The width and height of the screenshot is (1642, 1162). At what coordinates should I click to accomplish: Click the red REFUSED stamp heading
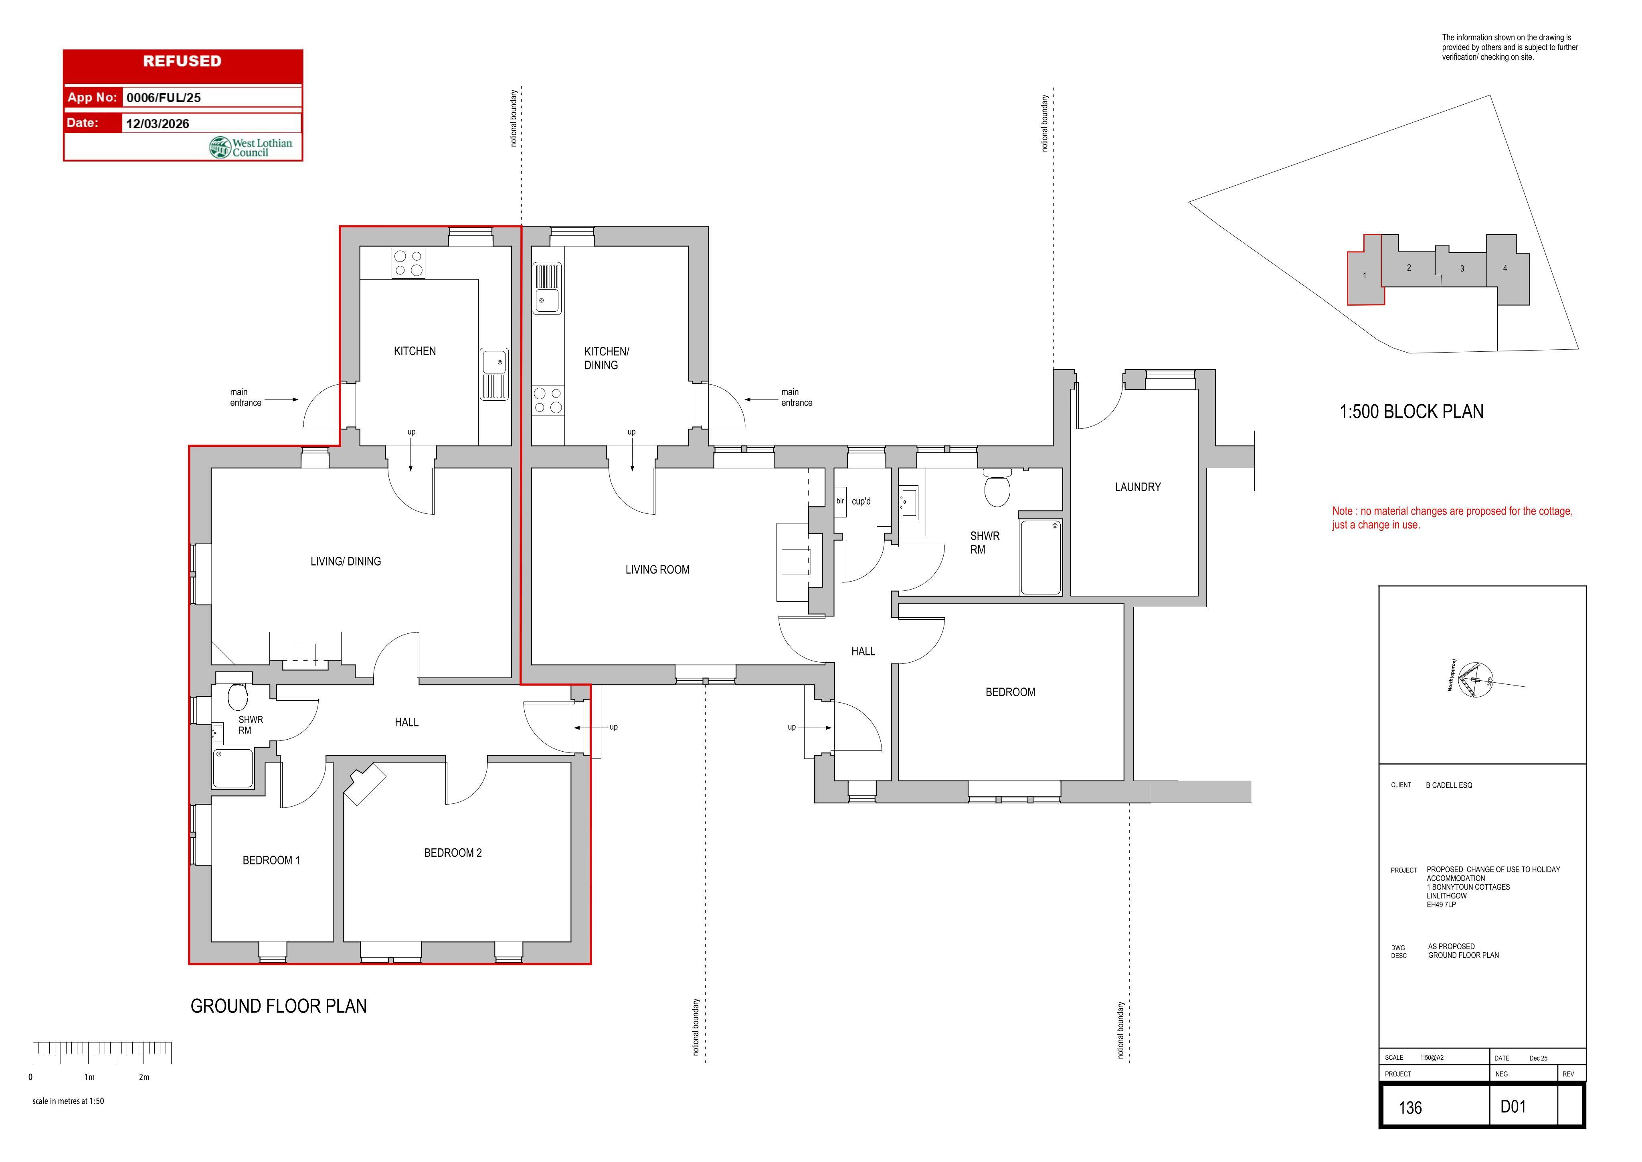182,61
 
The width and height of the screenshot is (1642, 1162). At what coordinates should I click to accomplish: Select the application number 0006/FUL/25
164,98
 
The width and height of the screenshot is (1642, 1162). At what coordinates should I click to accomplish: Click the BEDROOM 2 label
453,853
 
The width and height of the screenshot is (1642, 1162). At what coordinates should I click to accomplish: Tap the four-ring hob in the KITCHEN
408,263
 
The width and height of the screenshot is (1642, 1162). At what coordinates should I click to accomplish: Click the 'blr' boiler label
840,501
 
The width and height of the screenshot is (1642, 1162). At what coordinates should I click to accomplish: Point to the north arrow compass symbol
1475,680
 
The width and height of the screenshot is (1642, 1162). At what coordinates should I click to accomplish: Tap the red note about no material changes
1452,518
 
